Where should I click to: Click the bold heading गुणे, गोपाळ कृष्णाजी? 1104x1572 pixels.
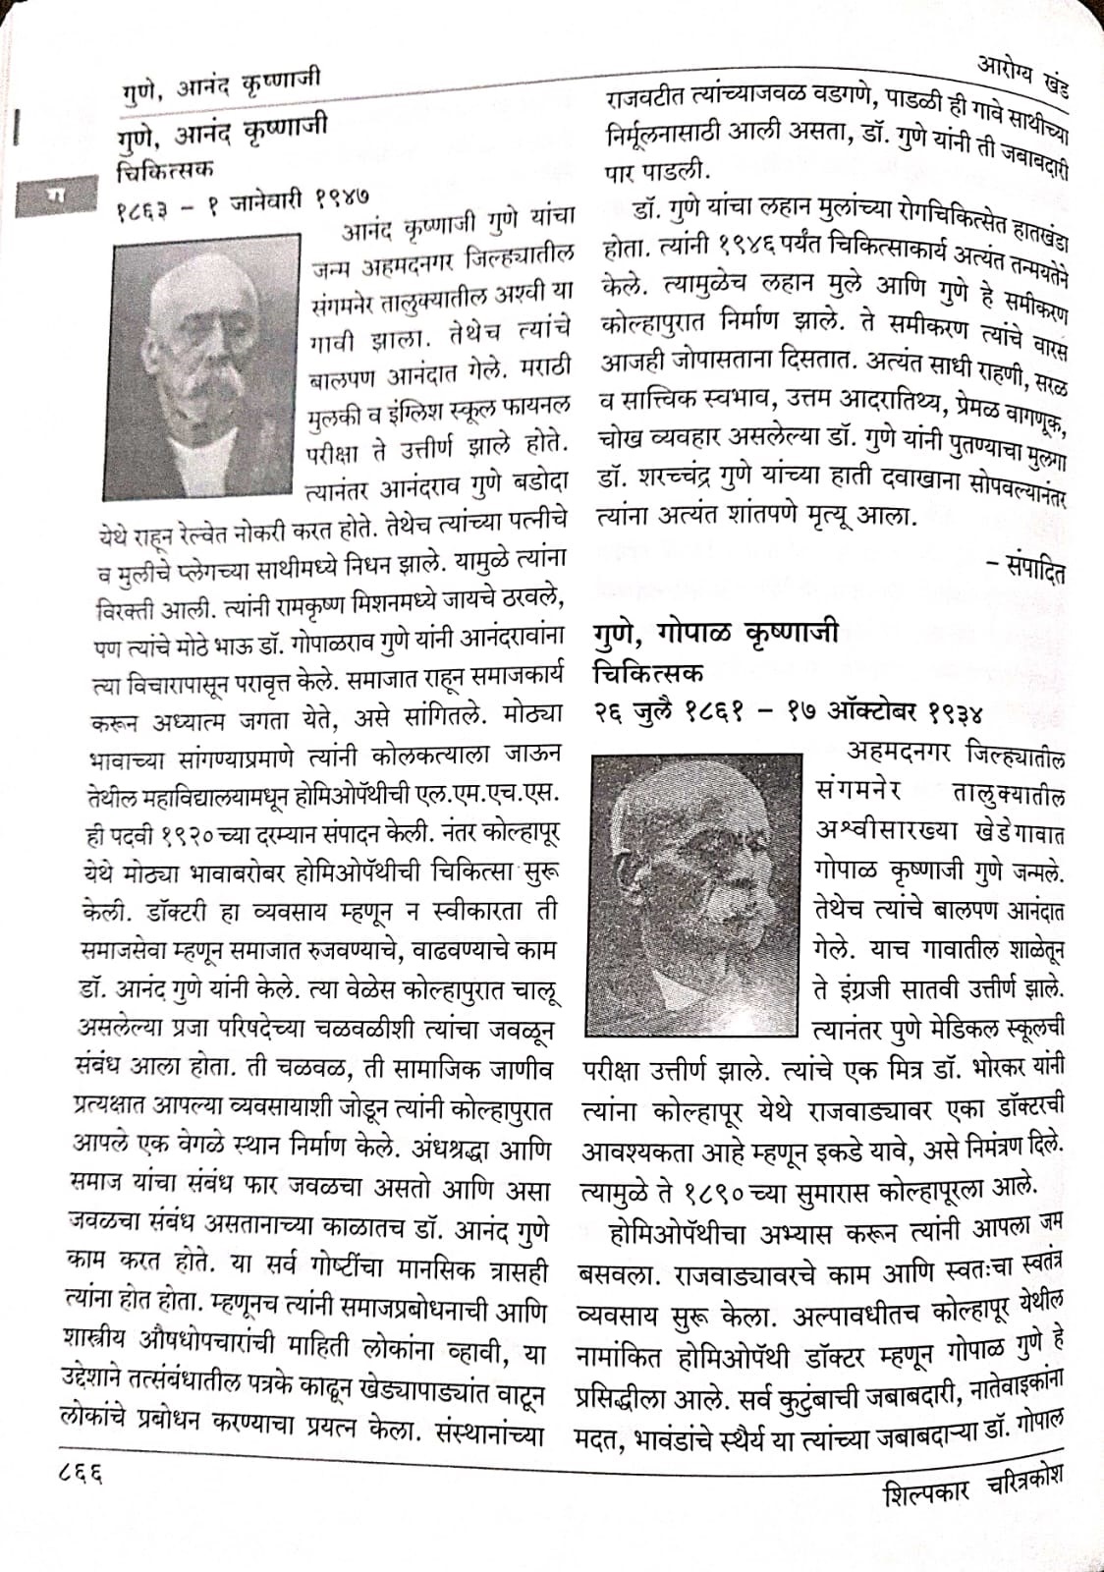pos(716,633)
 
